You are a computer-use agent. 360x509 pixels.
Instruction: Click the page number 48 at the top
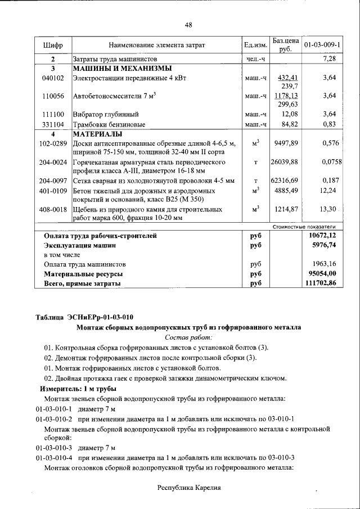point(188,24)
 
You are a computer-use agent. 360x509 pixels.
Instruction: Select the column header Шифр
point(52,44)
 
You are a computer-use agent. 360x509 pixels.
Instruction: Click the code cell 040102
point(52,78)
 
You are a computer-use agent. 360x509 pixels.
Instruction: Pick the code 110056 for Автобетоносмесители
point(52,96)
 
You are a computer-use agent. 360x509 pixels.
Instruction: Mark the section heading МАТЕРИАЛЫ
point(97,134)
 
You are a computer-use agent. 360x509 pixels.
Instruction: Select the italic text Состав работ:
point(188,337)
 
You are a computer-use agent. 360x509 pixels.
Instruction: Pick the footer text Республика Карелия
point(188,488)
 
